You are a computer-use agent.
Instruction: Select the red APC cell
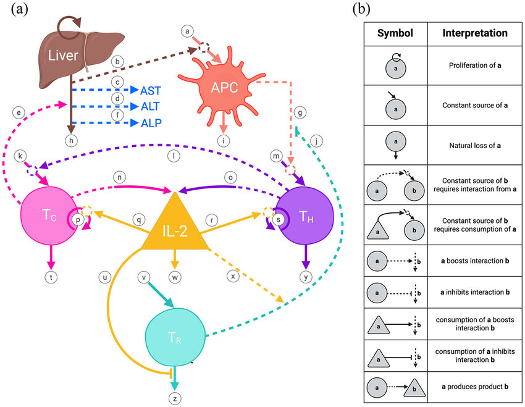tap(222, 85)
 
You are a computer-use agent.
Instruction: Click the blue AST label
tap(151, 90)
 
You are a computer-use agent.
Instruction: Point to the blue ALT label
tap(151, 106)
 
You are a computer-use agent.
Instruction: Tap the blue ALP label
tap(151, 124)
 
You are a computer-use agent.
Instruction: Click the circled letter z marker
tap(175, 398)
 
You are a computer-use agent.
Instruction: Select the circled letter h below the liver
tap(72, 141)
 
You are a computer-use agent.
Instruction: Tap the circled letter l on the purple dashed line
tap(175, 157)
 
